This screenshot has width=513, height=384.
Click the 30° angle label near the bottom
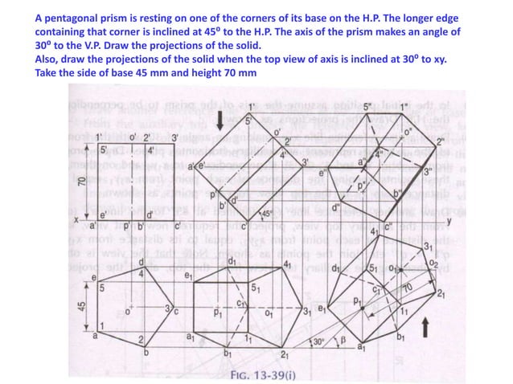(x=319, y=342)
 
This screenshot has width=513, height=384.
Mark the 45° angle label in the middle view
(x=267, y=214)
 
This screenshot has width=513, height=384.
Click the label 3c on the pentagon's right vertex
(x=170, y=309)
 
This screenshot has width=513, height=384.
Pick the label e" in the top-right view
(x=323, y=171)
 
